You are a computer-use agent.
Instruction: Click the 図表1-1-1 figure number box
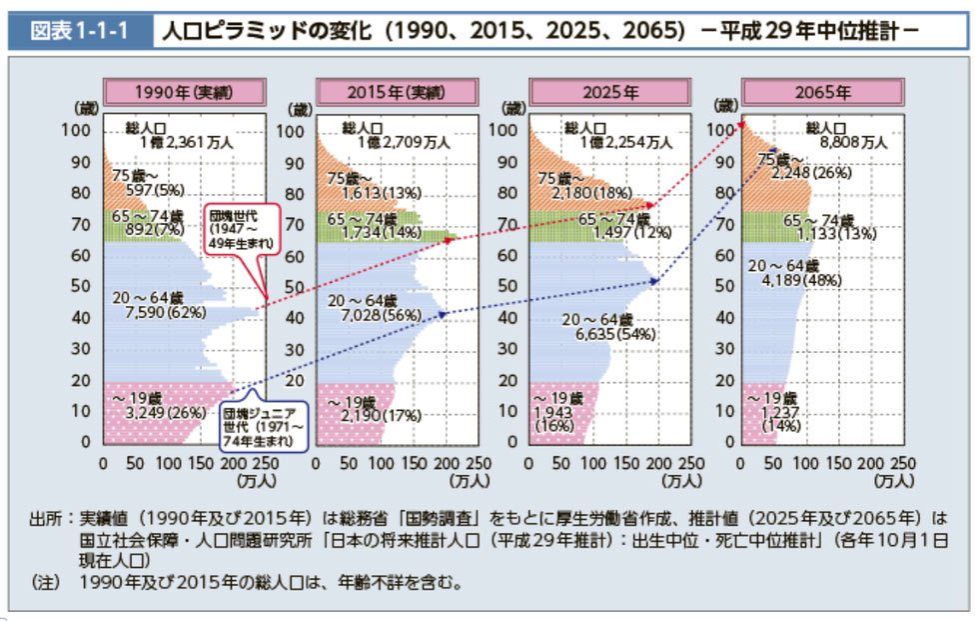click(81, 29)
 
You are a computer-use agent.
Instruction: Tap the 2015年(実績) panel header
click(397, 93)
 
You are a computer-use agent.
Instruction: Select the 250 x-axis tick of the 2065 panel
click(902, 464)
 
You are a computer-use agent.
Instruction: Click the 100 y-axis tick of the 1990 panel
click(80, 131)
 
